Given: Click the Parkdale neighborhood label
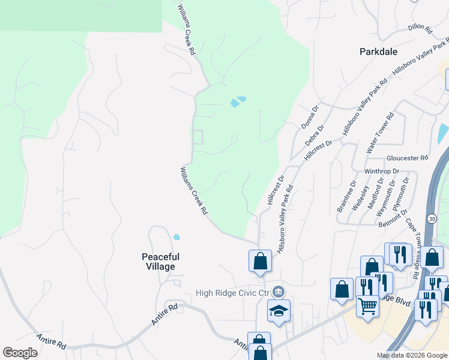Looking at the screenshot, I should (378, 52).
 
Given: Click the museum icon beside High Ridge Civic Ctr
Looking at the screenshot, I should (279, 292).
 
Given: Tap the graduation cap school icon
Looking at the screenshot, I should (279, 311).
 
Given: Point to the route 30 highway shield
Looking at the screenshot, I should (432, 218).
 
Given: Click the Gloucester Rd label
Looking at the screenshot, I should (407, 158).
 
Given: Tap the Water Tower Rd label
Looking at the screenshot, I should (380, 135).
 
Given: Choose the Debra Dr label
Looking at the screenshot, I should (315, 134).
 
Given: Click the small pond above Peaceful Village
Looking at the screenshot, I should (176, 237).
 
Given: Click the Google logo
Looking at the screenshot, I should (20, 353).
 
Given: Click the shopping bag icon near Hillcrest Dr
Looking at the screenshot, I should (260, 260).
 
